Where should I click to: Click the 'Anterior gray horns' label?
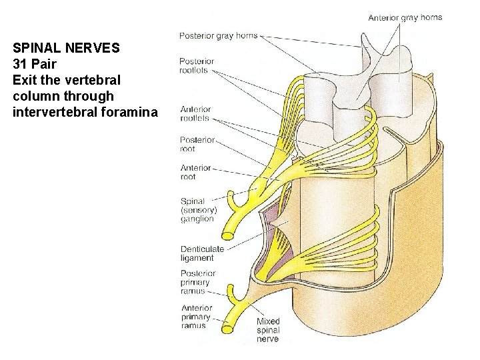click(405, 17)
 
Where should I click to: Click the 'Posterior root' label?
click(197, 144)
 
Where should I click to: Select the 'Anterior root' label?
click(195, 172)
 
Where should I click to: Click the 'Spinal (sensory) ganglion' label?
click(197, 209)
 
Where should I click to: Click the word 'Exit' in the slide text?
click(23, 80)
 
